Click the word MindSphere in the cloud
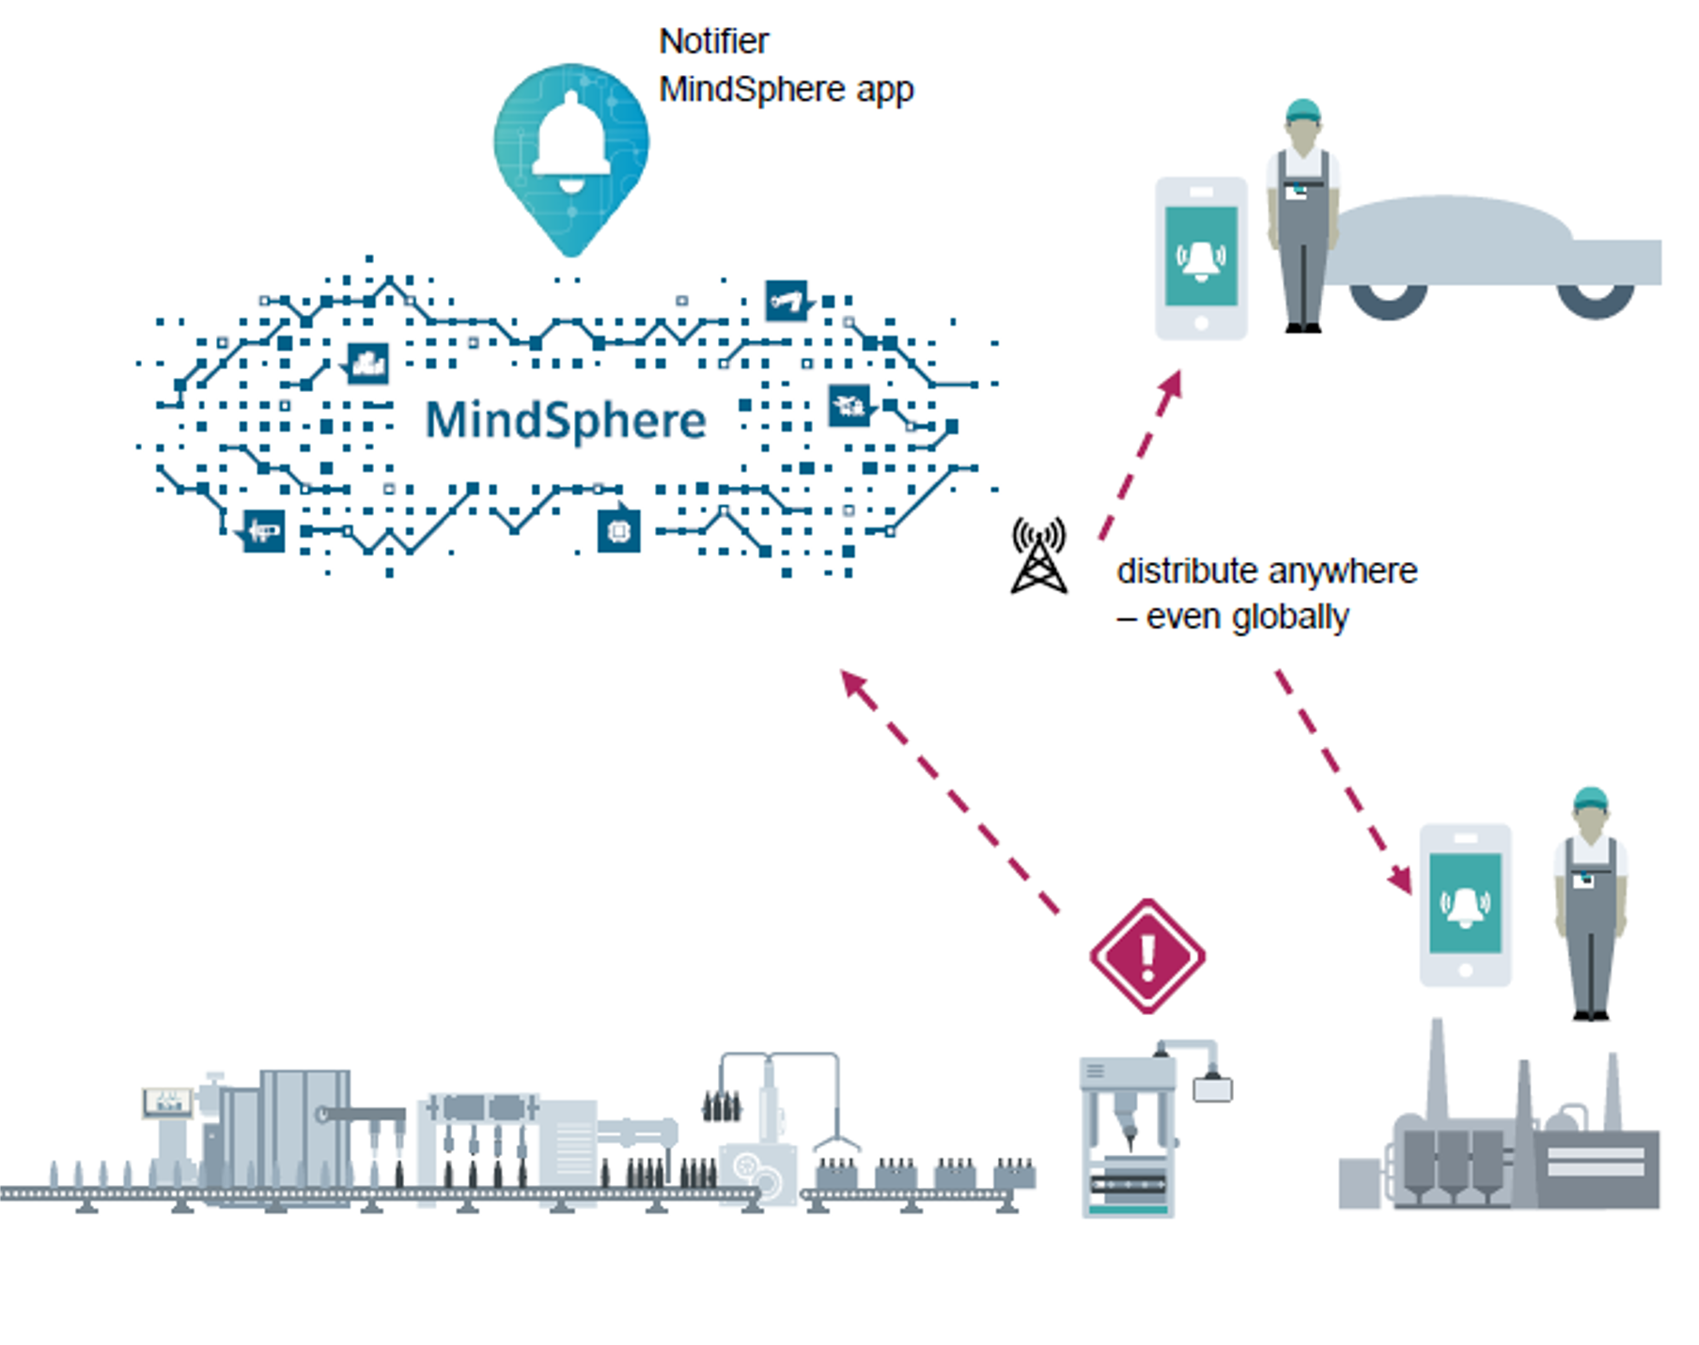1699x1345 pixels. (x=565, y=420)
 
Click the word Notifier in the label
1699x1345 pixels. (x=713, y=41)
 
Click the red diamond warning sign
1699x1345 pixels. (x=1147, y=956)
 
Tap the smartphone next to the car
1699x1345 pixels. (x=1201, y=258)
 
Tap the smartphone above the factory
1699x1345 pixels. (x=1465, y=904)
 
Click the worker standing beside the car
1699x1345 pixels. (x=1303, y=216)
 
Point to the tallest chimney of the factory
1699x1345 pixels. (x=1436, y=1071)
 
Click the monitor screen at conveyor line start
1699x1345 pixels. (x=167, y=1102)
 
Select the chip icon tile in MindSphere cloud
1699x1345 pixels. (x=618, y=531)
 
